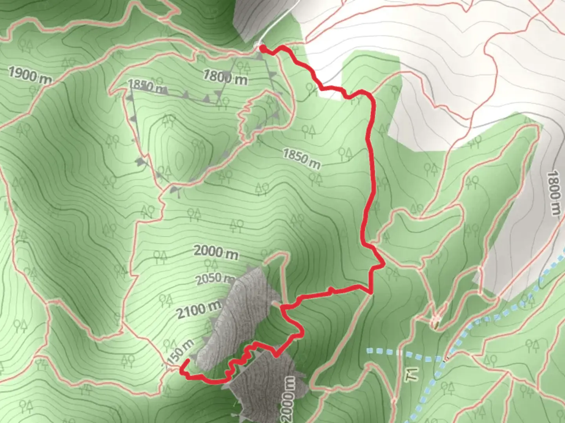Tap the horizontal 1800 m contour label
point(225,77)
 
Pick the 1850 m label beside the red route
point(301,158)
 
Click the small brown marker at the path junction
point(435,322)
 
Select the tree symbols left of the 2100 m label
point(166,300)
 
